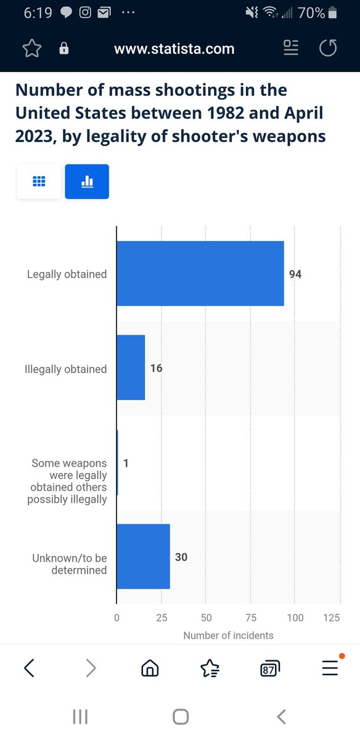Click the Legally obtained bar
[200, 273]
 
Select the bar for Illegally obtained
[131, 368]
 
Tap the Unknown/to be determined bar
[144, 556]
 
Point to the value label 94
[295, 274]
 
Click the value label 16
[156, 368]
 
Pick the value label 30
[181, 557]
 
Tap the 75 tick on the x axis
[251, 617]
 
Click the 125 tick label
[331, 617]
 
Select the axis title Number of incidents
[228, 635]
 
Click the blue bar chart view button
[87, 181]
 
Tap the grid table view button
[39, 181]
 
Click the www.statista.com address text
[174, 49]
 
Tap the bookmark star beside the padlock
[32, 48]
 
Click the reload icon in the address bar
[328, 48]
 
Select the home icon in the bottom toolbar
[150, 668]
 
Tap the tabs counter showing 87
[270, 668]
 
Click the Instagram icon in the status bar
[85, 12]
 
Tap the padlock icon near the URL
[63, 48]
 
